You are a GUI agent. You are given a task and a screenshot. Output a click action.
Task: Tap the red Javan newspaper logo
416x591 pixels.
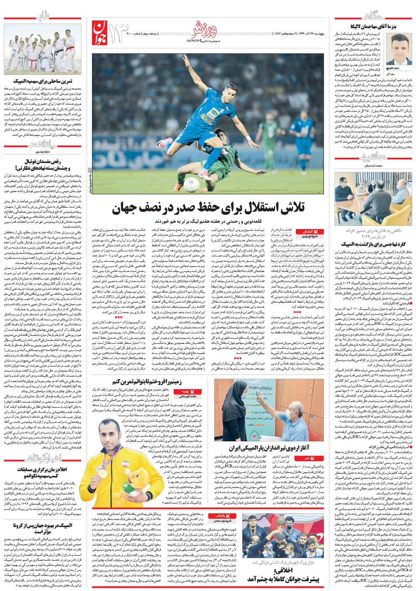(100, 33)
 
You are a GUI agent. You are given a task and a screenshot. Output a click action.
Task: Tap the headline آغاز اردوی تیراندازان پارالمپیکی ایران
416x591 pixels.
(269, 448)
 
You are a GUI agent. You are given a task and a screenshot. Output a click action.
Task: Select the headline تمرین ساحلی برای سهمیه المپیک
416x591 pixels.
(43, 81)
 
